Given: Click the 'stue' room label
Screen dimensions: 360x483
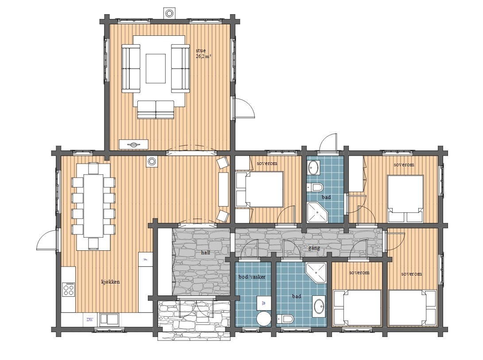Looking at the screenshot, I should click(201, 50).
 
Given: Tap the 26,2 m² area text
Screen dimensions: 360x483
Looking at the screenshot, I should click(203, 56).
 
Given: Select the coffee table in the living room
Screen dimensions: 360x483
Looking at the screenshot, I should click(156, 68).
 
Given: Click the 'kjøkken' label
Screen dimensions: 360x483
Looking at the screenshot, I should click(110, 282).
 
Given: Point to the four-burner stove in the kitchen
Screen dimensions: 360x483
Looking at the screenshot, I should click(69, 290).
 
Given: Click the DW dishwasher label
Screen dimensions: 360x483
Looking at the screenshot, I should click(89, 319).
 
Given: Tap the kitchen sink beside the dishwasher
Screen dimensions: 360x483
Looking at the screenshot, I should click(109, 319).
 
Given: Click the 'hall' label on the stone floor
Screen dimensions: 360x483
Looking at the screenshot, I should click(205, 253).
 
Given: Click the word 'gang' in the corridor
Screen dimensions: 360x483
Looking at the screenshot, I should click(314, 248).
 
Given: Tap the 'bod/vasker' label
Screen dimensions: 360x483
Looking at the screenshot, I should click(252, 276).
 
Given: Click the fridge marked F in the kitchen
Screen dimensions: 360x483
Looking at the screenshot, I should click(145, 259).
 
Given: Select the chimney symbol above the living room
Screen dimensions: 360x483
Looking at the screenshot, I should click(169, 13).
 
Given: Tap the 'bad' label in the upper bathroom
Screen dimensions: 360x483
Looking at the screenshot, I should click(326, 197).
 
